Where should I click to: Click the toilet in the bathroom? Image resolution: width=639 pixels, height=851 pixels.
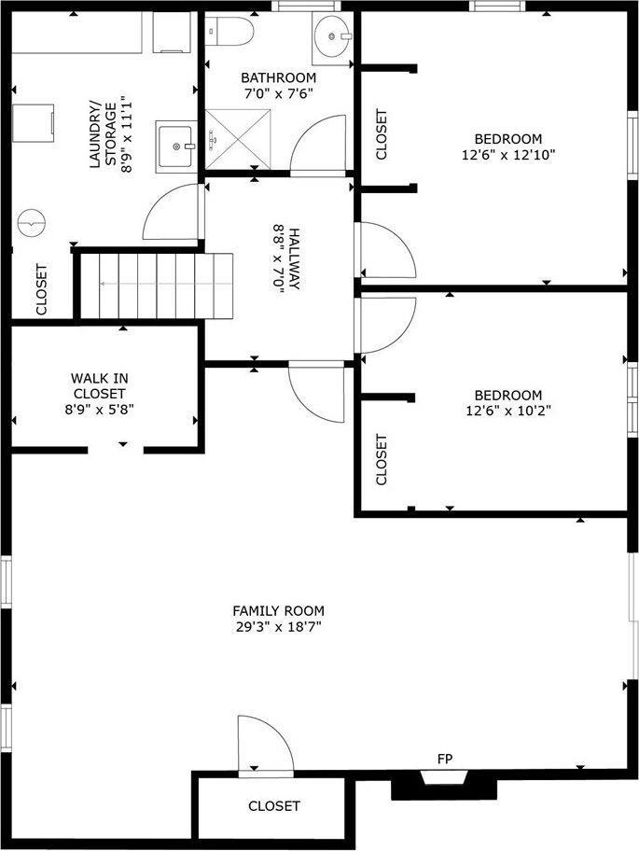(x=229, y=35)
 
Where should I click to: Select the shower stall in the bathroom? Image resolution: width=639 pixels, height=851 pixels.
(x=238, y=139)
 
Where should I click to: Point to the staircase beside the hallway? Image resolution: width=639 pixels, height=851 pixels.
(x=153, y=284)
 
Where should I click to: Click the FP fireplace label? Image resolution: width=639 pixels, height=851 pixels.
(x=445, y=758)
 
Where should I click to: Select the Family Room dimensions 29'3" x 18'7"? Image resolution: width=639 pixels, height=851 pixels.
(x=279, y=627)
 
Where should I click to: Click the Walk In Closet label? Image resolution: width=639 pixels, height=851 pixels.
(x=100, y=385)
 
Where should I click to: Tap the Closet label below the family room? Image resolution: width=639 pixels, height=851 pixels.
(x=273, y=805)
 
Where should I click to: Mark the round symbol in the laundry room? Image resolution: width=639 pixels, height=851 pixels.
(x=32, y=222)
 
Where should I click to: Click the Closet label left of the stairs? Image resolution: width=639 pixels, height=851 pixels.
(x=41, y=288)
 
